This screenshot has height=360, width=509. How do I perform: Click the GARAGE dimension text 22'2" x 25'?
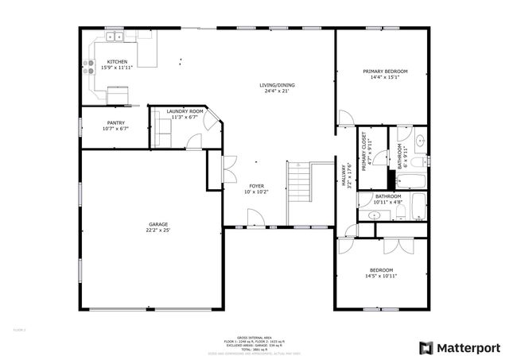pos(158,230)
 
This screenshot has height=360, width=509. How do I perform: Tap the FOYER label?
pos(255,185)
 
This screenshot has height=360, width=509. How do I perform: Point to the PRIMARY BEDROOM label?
pos(385,72)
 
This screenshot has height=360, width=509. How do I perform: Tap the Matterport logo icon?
pos(426,347)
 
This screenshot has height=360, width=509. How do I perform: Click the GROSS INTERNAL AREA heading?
pos(254,336)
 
